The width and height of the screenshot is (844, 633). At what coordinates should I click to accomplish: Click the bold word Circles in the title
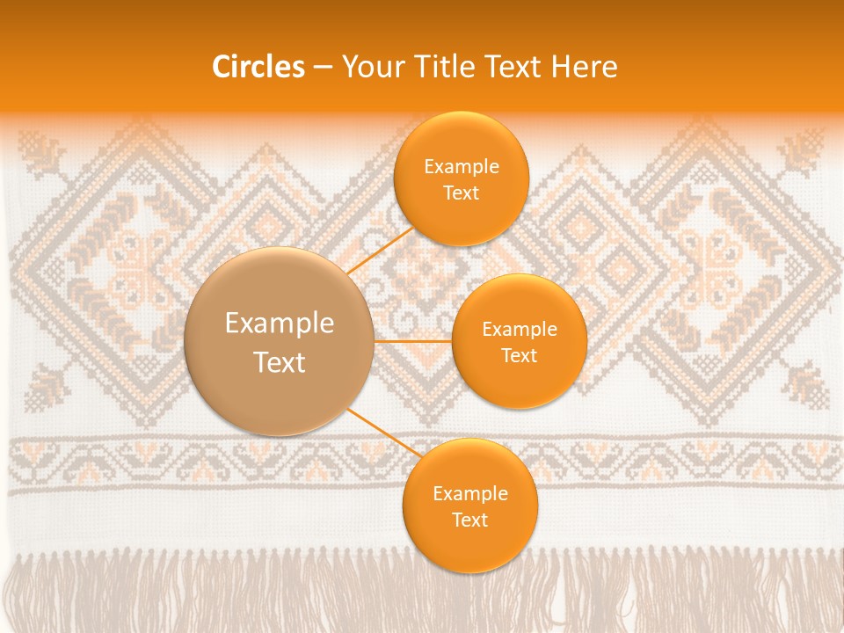pyautogui.click(x=258, y=67)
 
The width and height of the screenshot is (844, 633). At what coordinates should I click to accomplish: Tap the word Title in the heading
pyautogui.click(x=458, y=67)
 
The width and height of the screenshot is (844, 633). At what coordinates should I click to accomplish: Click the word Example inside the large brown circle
pyautogui.click(x=280, y=324)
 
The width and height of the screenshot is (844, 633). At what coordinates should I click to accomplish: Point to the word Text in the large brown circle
pyautogui.click(x=280, y=362)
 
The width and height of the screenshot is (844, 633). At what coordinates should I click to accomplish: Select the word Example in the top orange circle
pyautogui.click(x=462, y=167)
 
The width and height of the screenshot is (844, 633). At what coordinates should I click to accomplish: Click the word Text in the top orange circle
pyautogui.click(x=462, y=193)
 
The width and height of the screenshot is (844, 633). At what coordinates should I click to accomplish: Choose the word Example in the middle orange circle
pyautogui.click(x=519, y=330)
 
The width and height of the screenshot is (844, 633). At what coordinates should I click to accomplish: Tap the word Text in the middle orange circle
pyautogui.click(x=519, y=355)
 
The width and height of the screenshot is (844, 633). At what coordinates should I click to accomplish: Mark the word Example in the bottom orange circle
pyautogui.click(x=469, y=494)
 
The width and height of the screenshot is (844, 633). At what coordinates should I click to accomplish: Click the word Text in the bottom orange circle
pyautogui.click(x=469, y=520)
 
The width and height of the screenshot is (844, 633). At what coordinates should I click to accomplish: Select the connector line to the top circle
pyautogui.click(x=380, y=251)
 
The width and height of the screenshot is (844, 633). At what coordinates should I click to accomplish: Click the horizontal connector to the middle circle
pyautogui.click(x=413, y=341)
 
